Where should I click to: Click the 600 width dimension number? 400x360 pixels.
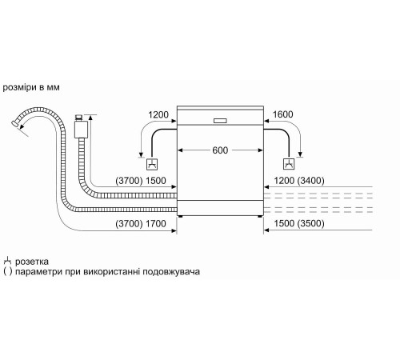point(221,150)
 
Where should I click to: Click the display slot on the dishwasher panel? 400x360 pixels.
point(221,121)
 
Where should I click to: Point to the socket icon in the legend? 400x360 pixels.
point(8,261)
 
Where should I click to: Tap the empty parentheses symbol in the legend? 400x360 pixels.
point(8,272)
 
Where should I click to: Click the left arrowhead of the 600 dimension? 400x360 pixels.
point(181,150)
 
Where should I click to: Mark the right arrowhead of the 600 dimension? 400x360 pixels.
point(261,150)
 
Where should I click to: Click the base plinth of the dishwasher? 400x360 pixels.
point(221,215)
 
